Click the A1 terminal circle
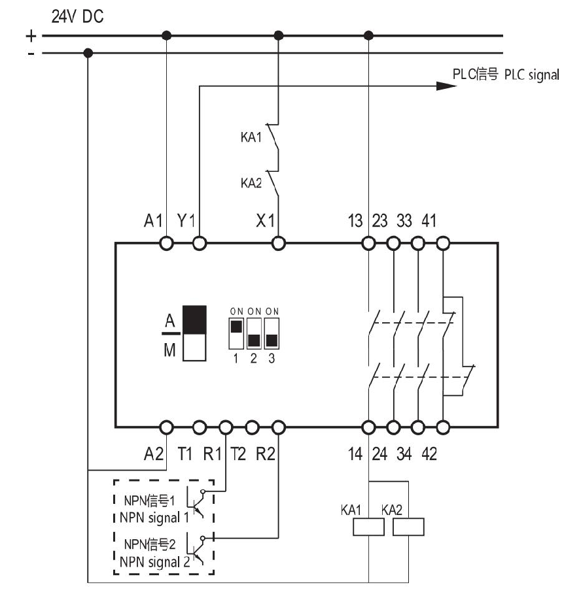[166, 243]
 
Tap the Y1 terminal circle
[200, 243]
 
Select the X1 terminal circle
[279, 243]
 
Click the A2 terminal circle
[166, 427]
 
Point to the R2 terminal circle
[279, 427]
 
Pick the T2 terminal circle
[252, 427]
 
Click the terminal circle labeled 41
[443, 243]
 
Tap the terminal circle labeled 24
[393, 427]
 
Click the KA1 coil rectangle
[368, 527]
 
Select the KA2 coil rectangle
[408, 527]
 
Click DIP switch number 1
[236, 334]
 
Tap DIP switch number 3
[272, 334]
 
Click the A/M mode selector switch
[194, 333]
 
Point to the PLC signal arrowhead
[446, 86]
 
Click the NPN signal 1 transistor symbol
[196, 502]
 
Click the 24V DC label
[77, 17]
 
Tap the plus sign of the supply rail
[31, 36]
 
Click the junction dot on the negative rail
[88, 53]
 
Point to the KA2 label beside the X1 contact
[251, 183]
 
